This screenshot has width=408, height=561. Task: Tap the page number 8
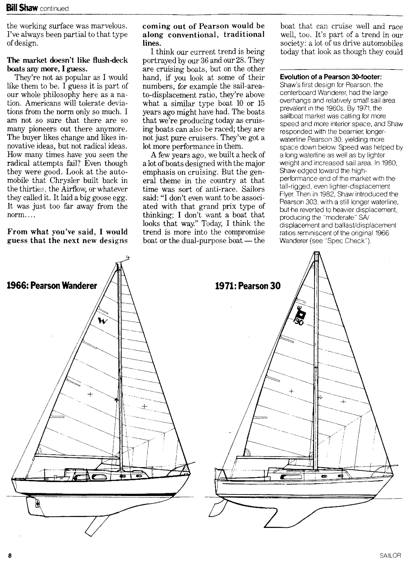(x=10, y=555)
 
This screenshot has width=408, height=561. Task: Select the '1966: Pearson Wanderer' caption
(x=52, y=286)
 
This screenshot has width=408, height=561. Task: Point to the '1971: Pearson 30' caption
(x=248, y=286)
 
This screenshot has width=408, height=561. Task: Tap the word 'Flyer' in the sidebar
(x=287, y=194)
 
